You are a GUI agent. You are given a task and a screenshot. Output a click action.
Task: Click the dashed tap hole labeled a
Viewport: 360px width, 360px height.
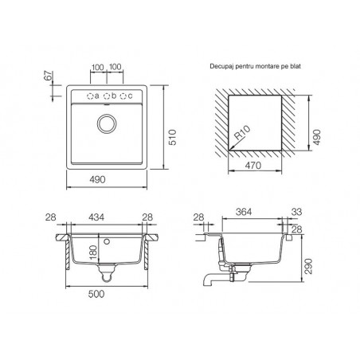pos(90,96)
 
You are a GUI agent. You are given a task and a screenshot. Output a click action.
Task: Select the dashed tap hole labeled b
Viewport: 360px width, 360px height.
pos(107,96)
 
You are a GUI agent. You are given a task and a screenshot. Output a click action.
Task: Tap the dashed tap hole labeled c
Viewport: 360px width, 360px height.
pos(123,96)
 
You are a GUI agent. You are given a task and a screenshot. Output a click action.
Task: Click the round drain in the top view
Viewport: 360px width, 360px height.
pos(107,123)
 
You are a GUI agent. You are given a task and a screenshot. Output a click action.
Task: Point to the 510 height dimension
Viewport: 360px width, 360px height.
pos(173,137)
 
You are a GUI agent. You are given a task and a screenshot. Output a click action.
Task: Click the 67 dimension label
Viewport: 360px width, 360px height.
pos(49,76)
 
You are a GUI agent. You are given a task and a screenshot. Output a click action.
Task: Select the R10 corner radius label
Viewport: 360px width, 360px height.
pos(242,133)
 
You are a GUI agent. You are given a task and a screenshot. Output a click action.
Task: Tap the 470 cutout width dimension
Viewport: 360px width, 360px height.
pos(253,166)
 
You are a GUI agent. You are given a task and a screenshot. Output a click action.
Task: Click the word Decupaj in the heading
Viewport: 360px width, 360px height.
pos(220,66)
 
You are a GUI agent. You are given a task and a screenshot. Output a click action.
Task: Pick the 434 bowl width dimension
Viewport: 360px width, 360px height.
pos(96,217)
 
